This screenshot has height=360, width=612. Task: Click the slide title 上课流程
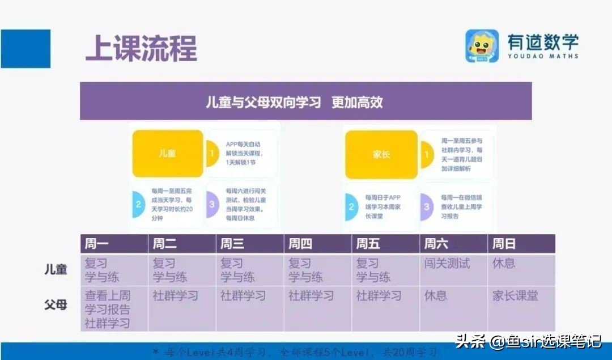point(141,49)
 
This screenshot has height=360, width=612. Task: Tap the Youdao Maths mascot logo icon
point(482,46)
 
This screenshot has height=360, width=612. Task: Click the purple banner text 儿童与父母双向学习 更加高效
point(294,102)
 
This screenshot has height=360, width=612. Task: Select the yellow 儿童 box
point(168,154)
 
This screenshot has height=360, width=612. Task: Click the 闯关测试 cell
point(447,264)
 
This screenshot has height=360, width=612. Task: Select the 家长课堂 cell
point(515,295)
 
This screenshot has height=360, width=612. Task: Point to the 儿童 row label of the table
point(56,270)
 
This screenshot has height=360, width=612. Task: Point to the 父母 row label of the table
point(56,304)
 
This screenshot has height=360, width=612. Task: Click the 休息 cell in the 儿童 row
point(504,264)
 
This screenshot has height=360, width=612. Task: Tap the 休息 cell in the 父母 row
point(436,295)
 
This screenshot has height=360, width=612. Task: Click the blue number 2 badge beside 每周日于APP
point(351,207)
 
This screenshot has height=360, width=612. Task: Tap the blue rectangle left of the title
point(25,49)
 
